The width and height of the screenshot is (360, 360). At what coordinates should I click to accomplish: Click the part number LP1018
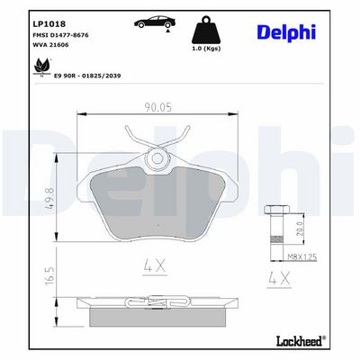pyautogui.click(x=49, y=24)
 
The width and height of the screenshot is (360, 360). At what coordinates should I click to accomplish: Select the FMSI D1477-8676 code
pyautogui.click(x=60, y=35)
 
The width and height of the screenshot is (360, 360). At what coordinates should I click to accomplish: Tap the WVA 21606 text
pyautogui.click(x=50, y=45)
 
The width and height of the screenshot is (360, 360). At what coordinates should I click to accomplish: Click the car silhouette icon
pyautogui.click(x=155, y=22)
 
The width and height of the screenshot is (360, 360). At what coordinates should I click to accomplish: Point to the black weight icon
pyautogui.click(x=206, y=30)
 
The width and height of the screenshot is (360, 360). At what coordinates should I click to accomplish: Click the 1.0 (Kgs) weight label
pyautogui.click(x=206, y=49)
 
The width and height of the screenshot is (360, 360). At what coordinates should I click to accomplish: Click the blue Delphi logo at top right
pyautogui.click(x=286, y=32)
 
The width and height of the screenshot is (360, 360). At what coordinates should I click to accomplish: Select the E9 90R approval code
pyautogui.click(x=87, y=76)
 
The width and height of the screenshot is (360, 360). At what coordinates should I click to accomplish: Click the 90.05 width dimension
pyautogui.click(x=158, y=107)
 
